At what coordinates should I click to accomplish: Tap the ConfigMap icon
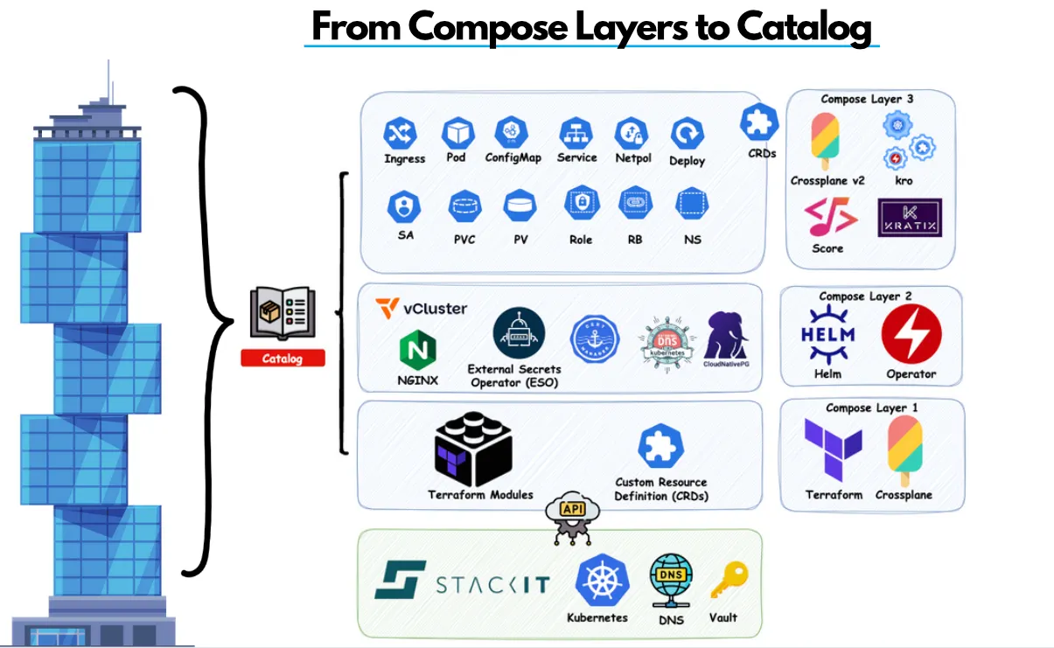click(x=512, y=133)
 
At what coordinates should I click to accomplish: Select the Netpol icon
click(x=631, y=134)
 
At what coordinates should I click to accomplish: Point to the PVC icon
click(x=464, y=206)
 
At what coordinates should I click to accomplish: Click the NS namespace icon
click(x=692, y=205)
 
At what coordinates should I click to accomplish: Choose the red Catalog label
click(x=283, y=358)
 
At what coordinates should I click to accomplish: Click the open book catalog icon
click(x=283, y=313)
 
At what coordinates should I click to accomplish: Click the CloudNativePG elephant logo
click(x=727, y=335)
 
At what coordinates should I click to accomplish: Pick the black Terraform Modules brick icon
click(x=473, y=449)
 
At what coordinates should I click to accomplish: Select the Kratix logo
click(x=910, y=218)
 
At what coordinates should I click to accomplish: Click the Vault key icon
click(x=724, y=580)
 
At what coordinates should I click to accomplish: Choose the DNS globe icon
click(x=671, y=581)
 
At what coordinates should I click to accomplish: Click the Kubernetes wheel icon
click(x=598, y=580)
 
